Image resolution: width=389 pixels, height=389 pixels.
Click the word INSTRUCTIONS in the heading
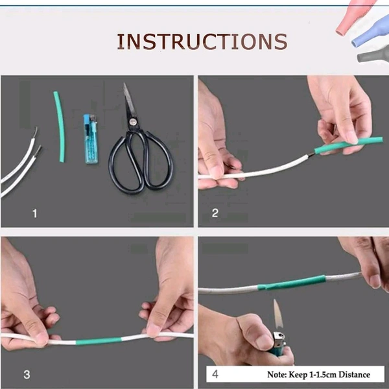point(202,41)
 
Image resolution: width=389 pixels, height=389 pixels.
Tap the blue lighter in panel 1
point(91,139)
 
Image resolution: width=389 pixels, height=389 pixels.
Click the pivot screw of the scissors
point(133,122)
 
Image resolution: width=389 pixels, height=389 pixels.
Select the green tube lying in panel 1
point(60,126)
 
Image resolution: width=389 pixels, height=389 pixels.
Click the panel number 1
point(35,213)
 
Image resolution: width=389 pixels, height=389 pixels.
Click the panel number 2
point(215,213)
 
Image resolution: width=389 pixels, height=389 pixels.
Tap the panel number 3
point(27,375)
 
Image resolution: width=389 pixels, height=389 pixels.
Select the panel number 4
point(215,374)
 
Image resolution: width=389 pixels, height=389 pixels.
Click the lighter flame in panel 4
point(278,314)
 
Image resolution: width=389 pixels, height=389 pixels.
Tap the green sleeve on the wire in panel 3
point(99,341)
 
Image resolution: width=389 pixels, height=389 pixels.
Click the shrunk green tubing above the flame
point(292,283)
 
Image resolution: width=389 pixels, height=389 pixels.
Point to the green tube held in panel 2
point(349,145)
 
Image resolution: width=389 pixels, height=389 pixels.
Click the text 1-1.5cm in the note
point(323,375)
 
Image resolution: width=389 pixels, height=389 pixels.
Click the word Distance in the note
point(354,374)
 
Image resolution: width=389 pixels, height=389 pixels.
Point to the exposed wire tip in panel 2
point(311,156)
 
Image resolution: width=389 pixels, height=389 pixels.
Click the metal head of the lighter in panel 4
point(279,338)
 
